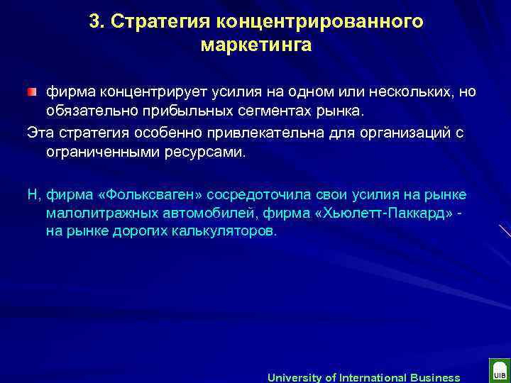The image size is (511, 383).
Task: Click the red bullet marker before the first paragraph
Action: tap(31, 93)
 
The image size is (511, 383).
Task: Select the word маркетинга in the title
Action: tap(256, 45)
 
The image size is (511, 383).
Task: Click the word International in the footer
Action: tap(368, 377)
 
